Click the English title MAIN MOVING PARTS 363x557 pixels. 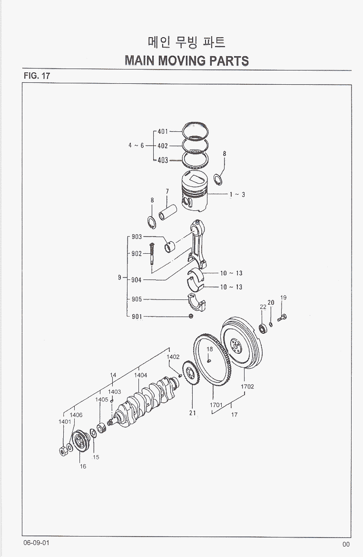tap(186, 61)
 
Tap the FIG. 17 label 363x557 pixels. tap(37, 76)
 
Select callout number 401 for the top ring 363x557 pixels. tap(163, 131)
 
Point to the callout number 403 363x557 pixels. tap(163, 160)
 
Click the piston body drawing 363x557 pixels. tap(195, 191)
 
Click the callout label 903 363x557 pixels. tap(137, 237)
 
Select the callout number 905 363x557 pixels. tap(137, 299)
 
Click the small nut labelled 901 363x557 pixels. tap(191, 316)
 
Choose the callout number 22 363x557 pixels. tap(263, 307)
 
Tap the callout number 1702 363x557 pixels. tap(247, 387)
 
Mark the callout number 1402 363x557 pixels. tap(173, 357)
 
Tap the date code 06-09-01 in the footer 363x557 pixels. tap(37, 543)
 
